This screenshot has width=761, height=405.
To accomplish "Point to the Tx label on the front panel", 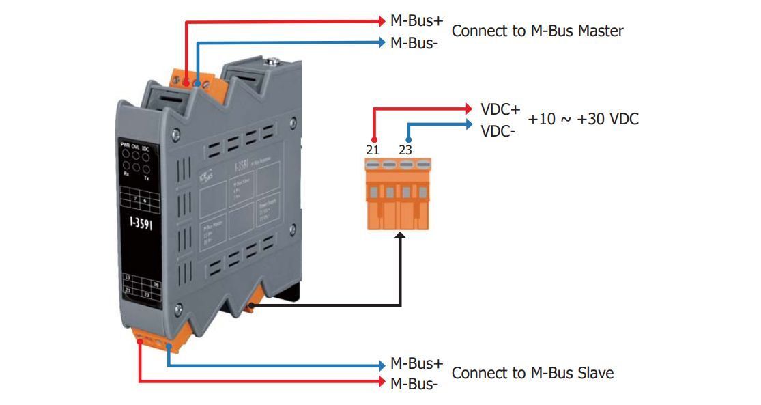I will pos(146,175).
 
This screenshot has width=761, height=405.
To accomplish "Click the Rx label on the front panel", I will pos(126,174).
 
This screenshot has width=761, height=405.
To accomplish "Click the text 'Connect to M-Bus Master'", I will pos(537,31).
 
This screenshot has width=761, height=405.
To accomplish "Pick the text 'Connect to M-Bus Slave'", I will pos(532,373).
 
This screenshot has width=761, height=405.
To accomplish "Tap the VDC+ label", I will pos(500,109).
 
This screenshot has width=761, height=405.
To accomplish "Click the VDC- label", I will pos(498,130).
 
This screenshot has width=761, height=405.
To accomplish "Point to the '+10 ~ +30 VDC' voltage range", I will pos(583,120).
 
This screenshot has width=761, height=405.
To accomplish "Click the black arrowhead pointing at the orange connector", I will pos(399,236).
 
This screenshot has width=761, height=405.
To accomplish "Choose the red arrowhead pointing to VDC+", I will pos(468,109).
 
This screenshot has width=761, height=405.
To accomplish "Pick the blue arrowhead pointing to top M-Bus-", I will pos(381,42).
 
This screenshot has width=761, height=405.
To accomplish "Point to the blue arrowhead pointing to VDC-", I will pos(468,124).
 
